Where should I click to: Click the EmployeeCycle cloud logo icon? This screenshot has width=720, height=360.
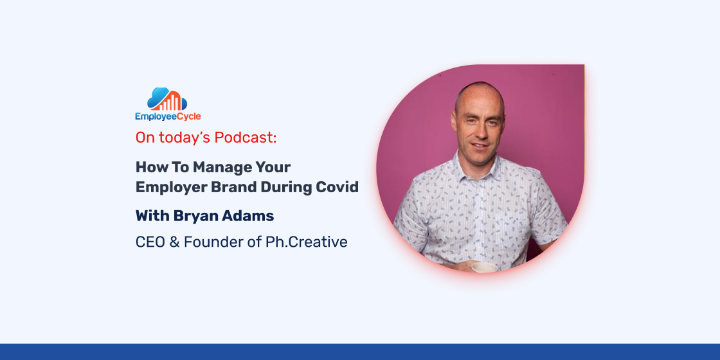(x=167, y=99)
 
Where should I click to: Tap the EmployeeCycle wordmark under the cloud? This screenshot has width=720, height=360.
(x=168, y=116)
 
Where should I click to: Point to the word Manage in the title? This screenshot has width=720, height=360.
(x=219, y=167)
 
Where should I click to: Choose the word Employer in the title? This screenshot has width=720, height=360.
(x=165, y=188)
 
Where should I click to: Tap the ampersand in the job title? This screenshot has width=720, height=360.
(x=174, y=242)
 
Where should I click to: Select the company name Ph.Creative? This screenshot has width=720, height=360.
(x=306, y=242)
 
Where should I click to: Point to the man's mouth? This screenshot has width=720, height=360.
(x=480, y=145)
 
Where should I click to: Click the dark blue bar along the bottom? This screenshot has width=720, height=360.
(x=360, y=352)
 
